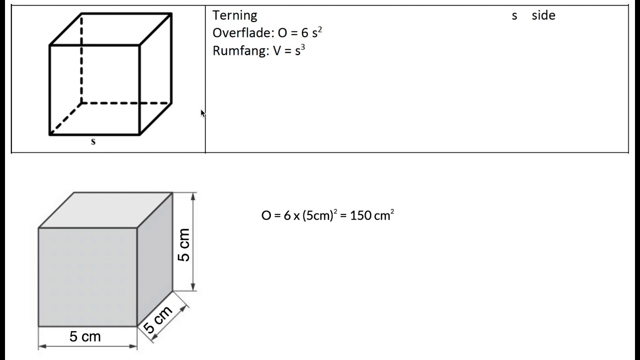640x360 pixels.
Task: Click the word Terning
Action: pos(234,15)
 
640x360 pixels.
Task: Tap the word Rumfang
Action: pos(239,51)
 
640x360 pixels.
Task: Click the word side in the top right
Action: pos(543,15)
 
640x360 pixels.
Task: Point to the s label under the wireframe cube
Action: pos(93,141)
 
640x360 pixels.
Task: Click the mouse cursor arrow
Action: pos(203,113)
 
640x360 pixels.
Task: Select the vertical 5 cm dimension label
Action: pos(183,245)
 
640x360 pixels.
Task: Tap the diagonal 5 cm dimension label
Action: pos(157,319)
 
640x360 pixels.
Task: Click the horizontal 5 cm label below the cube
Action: pos(85,336)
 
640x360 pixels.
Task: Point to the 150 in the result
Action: pos(360,215)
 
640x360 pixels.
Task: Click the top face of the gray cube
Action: pos(105,210)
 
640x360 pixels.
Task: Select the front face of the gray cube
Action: pos(87,277)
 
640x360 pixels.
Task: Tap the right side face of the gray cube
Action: pos(155,259)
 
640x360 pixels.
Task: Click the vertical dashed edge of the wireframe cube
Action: pos(81,58)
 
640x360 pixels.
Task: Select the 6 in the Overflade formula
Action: pos(305,33)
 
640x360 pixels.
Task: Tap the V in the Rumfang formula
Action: pos(277,51)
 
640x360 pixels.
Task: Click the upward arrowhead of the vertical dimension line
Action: pos(193,196)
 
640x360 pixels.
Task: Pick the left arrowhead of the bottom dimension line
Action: pos(42,346)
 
